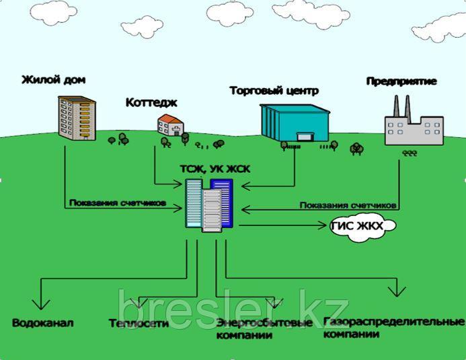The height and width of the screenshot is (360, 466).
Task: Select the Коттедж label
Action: click(x=151, y=102)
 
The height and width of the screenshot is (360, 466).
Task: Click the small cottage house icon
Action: click(x=171, y=125)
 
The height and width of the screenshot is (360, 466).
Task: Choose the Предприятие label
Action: click(x=401, y=81)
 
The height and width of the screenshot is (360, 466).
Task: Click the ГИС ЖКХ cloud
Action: click(x=357, y=227)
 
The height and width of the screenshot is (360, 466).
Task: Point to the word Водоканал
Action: click(x=42, y=323)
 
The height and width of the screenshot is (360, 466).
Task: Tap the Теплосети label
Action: click(x=139, y=323)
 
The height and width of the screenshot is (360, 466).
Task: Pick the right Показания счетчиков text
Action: click(x=349, y=204)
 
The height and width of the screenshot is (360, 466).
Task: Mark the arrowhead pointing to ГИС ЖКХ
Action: click(x=324, y=226)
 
